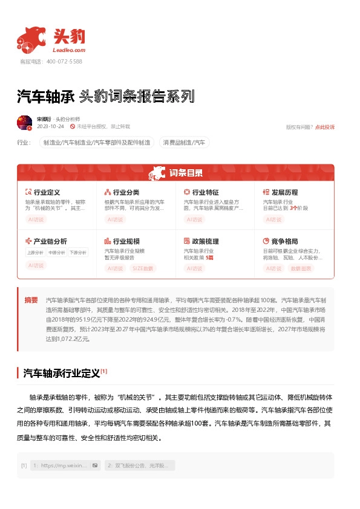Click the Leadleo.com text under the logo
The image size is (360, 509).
point(70,51)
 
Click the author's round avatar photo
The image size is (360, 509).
point(25,123)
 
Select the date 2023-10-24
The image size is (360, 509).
point(50,127)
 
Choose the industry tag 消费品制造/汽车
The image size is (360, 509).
point(183,143)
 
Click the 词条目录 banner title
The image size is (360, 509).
point(186,173)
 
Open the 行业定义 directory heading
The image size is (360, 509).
point(47,192)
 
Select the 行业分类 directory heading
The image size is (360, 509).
point(126,192)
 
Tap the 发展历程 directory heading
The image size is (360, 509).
point(284,192)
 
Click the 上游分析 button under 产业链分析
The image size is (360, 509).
point(35,253)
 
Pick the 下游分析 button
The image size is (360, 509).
point(77,253)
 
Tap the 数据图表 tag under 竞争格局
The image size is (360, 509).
point(301,268)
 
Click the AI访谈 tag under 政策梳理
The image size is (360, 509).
point(195,268)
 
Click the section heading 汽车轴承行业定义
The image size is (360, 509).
point(61,373)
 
